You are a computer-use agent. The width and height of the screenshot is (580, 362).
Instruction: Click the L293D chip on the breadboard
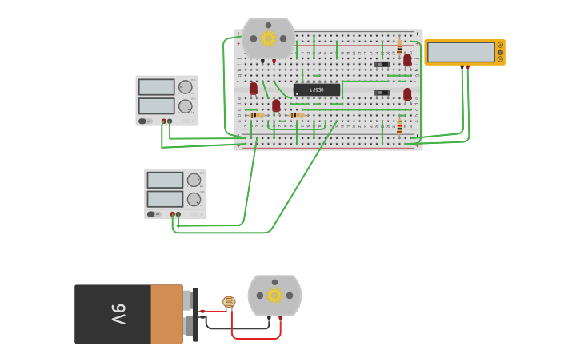click(x=317, y=90)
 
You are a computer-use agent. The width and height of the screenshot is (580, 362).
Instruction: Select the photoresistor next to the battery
click(x=229, y=301)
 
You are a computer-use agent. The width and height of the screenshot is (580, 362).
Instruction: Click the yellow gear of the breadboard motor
click(x=268, y=38)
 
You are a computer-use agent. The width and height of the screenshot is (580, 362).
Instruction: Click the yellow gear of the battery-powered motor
click(x=274, y=295)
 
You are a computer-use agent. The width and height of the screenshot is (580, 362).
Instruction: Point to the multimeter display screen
click(x=461, y=52)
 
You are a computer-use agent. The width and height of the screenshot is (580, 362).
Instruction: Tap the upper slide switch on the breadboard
click(x=382, y=64)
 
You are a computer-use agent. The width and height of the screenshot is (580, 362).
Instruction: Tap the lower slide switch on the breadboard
click(x=382, y=93)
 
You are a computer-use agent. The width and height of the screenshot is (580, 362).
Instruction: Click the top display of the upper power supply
click(x=156, y=87)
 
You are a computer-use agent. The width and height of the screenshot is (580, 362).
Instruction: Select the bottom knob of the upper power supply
click(x=186, y=106)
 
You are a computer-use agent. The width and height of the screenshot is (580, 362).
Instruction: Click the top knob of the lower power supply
click(x=194, y=180)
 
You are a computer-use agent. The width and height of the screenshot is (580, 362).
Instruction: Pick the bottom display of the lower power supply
click(x=165, y=199)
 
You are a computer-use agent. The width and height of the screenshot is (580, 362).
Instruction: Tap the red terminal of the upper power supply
click(x=164, y=121)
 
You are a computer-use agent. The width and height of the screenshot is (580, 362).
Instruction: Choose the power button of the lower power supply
click(x=151, y=214)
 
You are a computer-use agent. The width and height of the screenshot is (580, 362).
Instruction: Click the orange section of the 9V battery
click(x=166, y=314)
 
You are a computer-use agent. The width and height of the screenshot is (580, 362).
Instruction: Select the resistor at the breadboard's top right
click(x=399, y=47)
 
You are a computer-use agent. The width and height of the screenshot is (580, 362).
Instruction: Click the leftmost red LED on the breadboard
click(x=254, y=89)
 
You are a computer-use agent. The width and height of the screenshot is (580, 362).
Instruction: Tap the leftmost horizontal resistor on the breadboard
click(x=256, y=116)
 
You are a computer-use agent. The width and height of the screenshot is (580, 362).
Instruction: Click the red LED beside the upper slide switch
click(x=407, y=59)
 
